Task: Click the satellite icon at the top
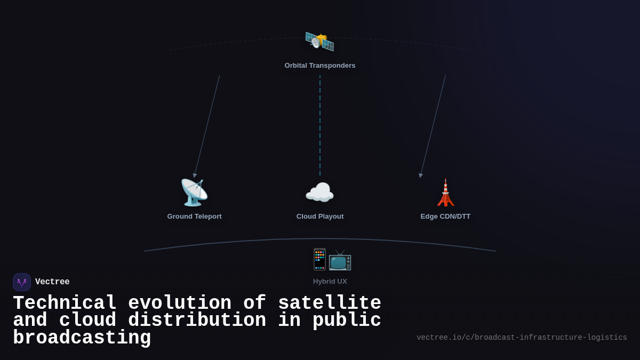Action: point(319,41)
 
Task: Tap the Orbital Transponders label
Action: point(320,66)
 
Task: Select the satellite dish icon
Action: point(194,193)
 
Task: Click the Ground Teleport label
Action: point(194,217)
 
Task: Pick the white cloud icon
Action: point(319,193)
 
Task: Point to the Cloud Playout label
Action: point(320,217)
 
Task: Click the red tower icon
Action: point(445,193)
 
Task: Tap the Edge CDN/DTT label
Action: point(445,217)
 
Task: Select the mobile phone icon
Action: point(319,259)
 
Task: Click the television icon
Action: point(340,260)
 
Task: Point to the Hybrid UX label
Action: point(330,282)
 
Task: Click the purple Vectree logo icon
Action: point(22,282)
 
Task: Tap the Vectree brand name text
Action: point(52,282)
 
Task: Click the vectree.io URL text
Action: point(522,338)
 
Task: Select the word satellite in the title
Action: point(330,303)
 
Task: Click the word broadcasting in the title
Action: point(82,338)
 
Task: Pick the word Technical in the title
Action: point(65,303)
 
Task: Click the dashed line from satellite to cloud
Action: point(320,125)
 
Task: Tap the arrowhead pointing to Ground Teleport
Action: point(195,175)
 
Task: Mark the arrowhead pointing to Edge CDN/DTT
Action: point(421,175)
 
